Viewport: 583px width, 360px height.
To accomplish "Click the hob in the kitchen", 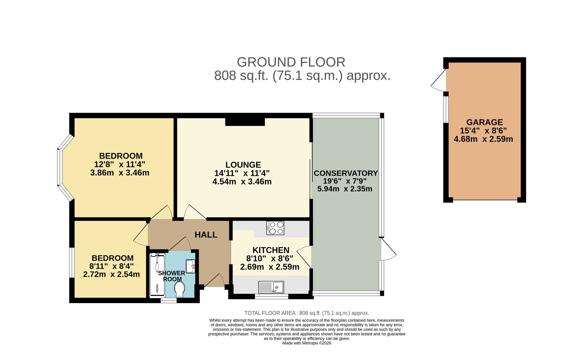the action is click(275, 228).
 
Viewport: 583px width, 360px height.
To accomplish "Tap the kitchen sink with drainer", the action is click(271, 287).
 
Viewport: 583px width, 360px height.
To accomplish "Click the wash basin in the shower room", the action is click(190, 266).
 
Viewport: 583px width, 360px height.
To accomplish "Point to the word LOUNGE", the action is click(243, 165).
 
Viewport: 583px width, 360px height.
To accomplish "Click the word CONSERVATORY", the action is click(346, 173).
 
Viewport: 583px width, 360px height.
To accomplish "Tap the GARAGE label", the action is click(484, 122).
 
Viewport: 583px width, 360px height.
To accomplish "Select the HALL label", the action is click(206, 235).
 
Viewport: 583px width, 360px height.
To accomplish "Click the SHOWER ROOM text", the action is click(172, 276).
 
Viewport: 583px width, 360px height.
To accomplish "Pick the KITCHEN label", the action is click(271, 250).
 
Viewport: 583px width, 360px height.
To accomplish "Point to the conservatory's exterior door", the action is click(389, 249).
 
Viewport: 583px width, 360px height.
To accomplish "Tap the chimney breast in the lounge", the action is click(245, 122).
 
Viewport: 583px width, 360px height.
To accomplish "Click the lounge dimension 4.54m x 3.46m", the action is click(242, 182).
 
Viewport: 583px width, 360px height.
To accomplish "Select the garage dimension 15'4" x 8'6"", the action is click(483, 131).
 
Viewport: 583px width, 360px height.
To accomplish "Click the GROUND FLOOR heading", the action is click(291, 62).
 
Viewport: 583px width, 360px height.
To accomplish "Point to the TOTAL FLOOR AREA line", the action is click(307, 313).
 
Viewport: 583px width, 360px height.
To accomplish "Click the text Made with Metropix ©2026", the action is click(307, 343).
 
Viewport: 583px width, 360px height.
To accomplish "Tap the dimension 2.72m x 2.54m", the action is click(111, 275).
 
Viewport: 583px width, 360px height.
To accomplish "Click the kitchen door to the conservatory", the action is click(304, 257).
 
